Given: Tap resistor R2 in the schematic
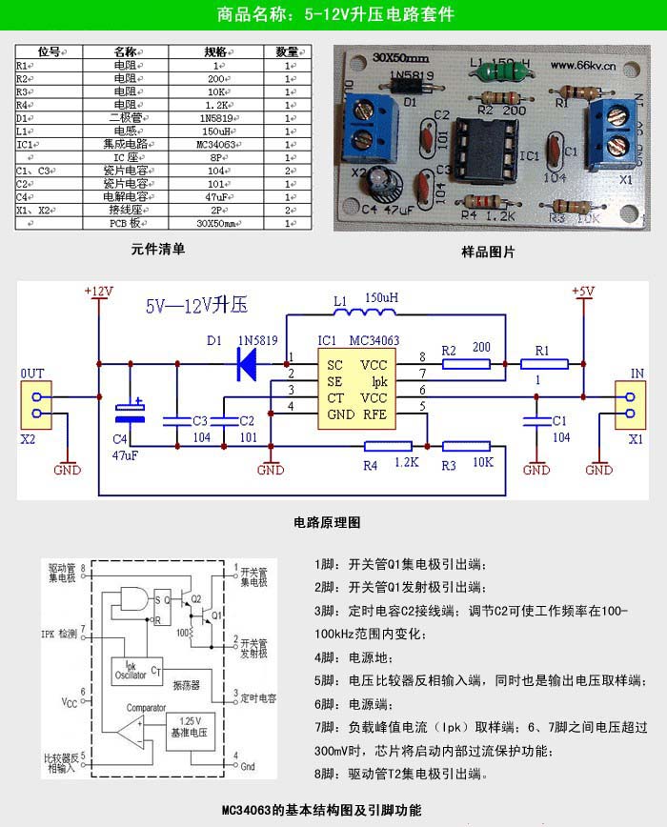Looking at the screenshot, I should [x=467, y=363].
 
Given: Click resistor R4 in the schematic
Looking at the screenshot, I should [x=387, y=446].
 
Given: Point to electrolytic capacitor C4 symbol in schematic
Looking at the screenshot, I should [x=130, y=412].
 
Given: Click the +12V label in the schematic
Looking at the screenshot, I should [x=98, y=291].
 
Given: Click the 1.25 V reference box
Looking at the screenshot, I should [x=191, y=729].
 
